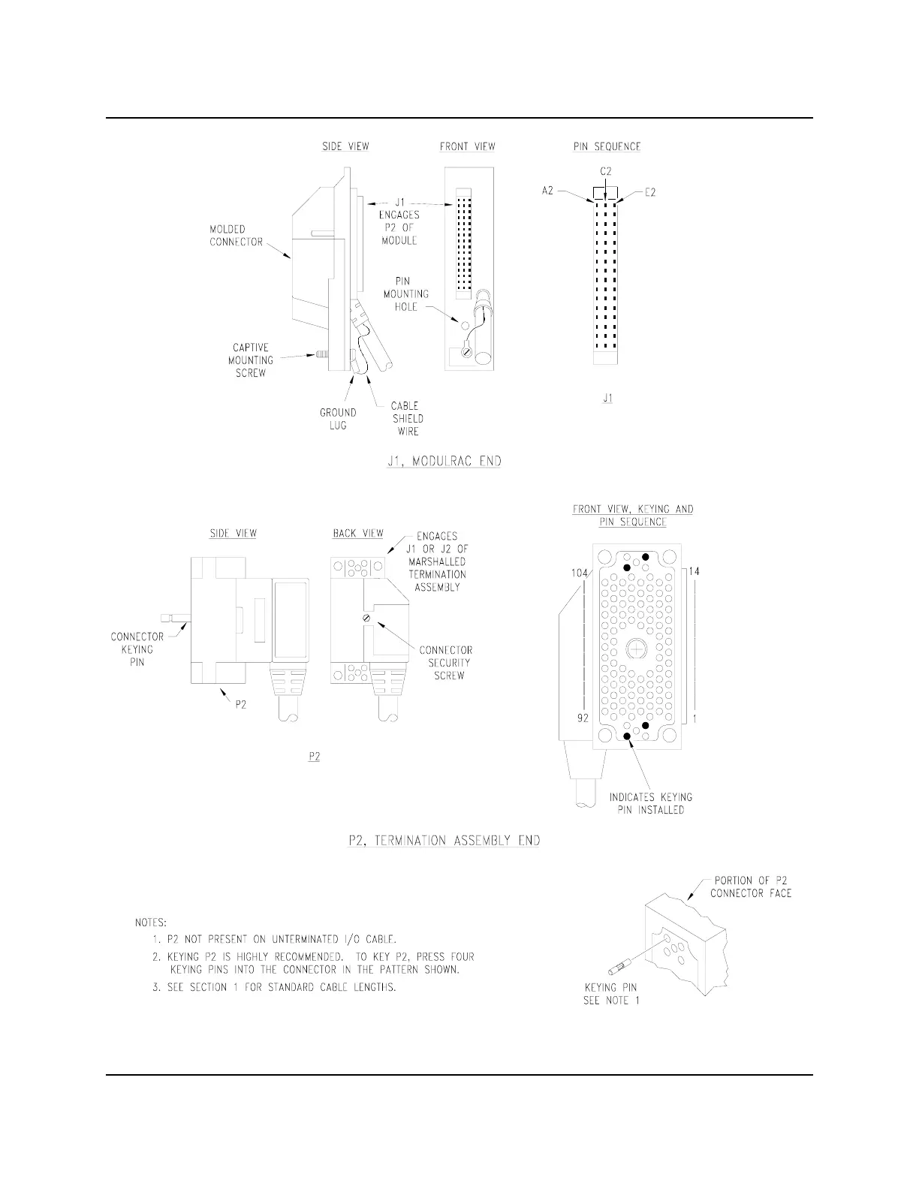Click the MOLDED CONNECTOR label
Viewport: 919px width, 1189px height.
pos(236,235)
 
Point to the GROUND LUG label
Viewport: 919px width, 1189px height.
pos(338,419)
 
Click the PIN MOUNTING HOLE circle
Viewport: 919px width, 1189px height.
pos(465,327)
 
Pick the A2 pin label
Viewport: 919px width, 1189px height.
pos(547,191)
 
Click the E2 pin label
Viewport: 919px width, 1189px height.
pos(650,192)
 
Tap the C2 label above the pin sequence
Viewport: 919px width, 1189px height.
pos(605,171)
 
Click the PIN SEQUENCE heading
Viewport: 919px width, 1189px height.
pos(607,146)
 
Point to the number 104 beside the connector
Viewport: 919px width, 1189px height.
pos(579,573)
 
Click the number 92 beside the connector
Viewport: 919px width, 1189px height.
pos(583,718)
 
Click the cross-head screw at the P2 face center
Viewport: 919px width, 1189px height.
pos(637,649)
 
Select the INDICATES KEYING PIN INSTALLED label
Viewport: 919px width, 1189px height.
pos(650,803)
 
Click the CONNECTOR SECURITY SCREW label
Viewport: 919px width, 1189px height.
pos(445,662)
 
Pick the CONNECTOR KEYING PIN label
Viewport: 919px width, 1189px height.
pos(137,649)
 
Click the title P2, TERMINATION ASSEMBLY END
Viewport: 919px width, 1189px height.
pos(444,841)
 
